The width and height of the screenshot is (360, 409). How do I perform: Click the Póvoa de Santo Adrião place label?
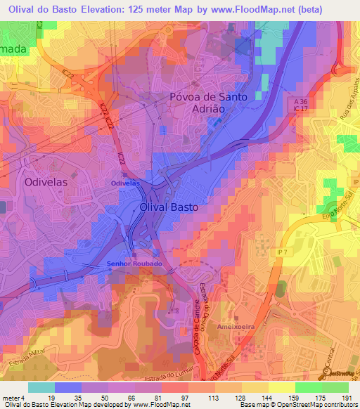(x=209, y=103)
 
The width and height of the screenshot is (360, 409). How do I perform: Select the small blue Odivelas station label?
(x=126, y=183)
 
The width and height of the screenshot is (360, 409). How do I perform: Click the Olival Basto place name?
(x=169, y=209)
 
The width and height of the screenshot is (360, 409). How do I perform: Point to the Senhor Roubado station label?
(x=134, y=264)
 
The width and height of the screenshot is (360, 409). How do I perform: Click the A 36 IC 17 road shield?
(x=302, y=107)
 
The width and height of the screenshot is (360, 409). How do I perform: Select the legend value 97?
(x=165, y=397)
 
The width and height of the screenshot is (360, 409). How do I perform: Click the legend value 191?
(x=346, y=397)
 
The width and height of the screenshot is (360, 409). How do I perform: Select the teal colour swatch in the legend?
(x=41, y=387)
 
